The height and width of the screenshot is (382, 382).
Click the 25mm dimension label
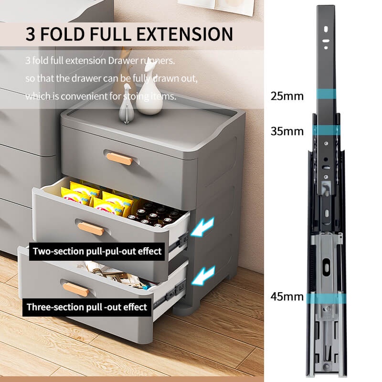(x=287, y=96)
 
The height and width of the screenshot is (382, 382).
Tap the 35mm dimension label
(x=287, y=131)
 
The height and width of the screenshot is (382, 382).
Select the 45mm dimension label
(x=287, y=297)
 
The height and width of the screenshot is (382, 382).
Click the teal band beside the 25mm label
(x=327, y=94)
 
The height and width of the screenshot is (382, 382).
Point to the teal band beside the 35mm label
(x=327, y=130)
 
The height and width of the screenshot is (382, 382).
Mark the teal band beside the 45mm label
(x=326, y=299)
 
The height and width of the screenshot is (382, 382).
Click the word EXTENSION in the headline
(x=185, y=34)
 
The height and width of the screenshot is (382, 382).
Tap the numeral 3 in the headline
(x=31, y=34)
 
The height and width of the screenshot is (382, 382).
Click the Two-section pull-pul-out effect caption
(x=97, y=251)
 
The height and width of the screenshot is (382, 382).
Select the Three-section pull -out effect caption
(x=87, y=307)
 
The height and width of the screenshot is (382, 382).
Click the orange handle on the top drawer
(x=119, y=159)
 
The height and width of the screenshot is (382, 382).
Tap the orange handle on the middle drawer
(x=91, y=229)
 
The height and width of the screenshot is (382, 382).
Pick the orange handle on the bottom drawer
(x=76, y=289)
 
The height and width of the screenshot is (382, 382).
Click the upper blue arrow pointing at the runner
(x=202, y=227)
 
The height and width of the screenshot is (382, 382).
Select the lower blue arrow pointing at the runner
(x=203, y=276)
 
